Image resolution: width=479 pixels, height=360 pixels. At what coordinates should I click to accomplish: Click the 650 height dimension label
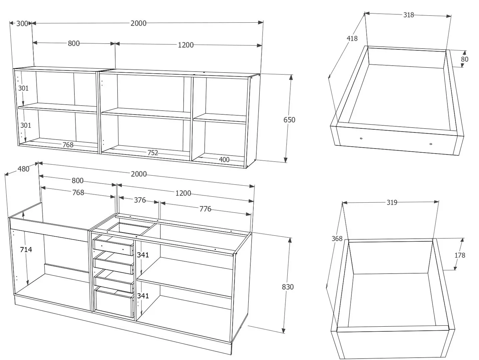pyautogui.click(x=289, y=120)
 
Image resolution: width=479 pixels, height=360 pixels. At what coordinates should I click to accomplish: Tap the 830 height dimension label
pyautogui.click(x=288, y=287)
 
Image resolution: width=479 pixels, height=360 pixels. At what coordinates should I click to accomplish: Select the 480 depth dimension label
pyautogui.click(x=23, y=169)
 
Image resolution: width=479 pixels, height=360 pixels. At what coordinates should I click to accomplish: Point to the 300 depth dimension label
pyautogui.click(x=22, y=24)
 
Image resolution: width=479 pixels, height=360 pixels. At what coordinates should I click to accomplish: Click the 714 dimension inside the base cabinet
pyautogui.click(x=26, y=249)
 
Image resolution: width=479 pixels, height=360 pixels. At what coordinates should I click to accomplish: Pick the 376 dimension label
pyautogui.click(x=140, y=200)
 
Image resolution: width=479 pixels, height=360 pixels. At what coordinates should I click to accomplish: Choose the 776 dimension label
pyautogui.click(x=205, y=209)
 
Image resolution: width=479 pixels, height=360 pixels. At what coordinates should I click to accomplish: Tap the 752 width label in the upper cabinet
pyautogui.click(x=153, y=153)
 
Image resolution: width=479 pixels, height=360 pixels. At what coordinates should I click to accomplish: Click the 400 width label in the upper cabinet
pyautogui.click(x=224, y=160)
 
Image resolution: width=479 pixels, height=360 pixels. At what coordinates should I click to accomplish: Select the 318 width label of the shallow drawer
pyautogui.click(x=409, y=15)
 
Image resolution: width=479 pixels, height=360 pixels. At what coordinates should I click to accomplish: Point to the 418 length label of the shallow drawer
pyautogui.click(x=352, y=38)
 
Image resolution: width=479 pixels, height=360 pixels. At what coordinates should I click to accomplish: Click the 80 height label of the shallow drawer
pyautogui.click(x=465, y=59)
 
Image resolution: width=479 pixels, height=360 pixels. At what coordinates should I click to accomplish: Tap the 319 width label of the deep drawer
pyautogui.click(x=392, y=202)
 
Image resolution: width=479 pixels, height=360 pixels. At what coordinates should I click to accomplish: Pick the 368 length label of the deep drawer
pyautogui.click(x=337, y=238)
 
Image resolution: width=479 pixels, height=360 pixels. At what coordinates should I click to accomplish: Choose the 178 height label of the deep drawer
pyautogui.click(x=460, y=255)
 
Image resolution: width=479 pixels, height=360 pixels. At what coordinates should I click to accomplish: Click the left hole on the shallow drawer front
pyautogui.click(x=361, y=138)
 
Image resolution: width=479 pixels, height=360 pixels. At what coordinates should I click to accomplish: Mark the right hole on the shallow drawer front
pyautogui.click(x=431, y=144)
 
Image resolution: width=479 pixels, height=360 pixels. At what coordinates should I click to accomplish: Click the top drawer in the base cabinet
pyautogui.click(x=113, y=246)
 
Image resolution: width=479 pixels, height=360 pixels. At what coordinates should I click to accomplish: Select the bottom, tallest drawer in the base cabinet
pyautogui.click(x=114, y=302)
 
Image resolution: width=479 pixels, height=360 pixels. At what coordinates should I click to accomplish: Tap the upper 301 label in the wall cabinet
pyautogui.click(x=23, y=88)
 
